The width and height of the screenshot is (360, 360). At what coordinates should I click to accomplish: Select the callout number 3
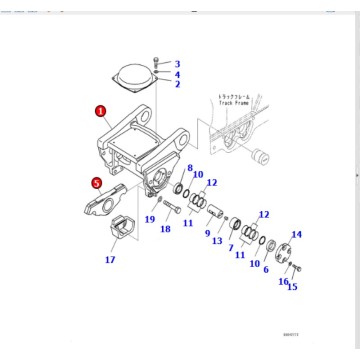pyautogui.click(x=177, y=64)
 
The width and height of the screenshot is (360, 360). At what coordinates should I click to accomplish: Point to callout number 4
pyautogui.click(x=177, y=74)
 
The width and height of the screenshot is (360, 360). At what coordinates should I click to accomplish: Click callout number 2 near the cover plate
pyautogui.click(x=177, y=84)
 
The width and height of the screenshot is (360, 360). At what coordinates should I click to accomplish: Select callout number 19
pyautogui.click(x=149, y=219)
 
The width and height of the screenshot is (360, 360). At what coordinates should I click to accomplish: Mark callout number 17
pyautogui.click(x=110, y=260)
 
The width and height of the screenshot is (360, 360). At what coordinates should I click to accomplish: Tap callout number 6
pyautogui.click(x=266, y=267)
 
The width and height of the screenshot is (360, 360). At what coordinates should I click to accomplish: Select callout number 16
pyautogui.click(x=284, y=282)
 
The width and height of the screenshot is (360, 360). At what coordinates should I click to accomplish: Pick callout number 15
pyautogui.click(x=292, y=286)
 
